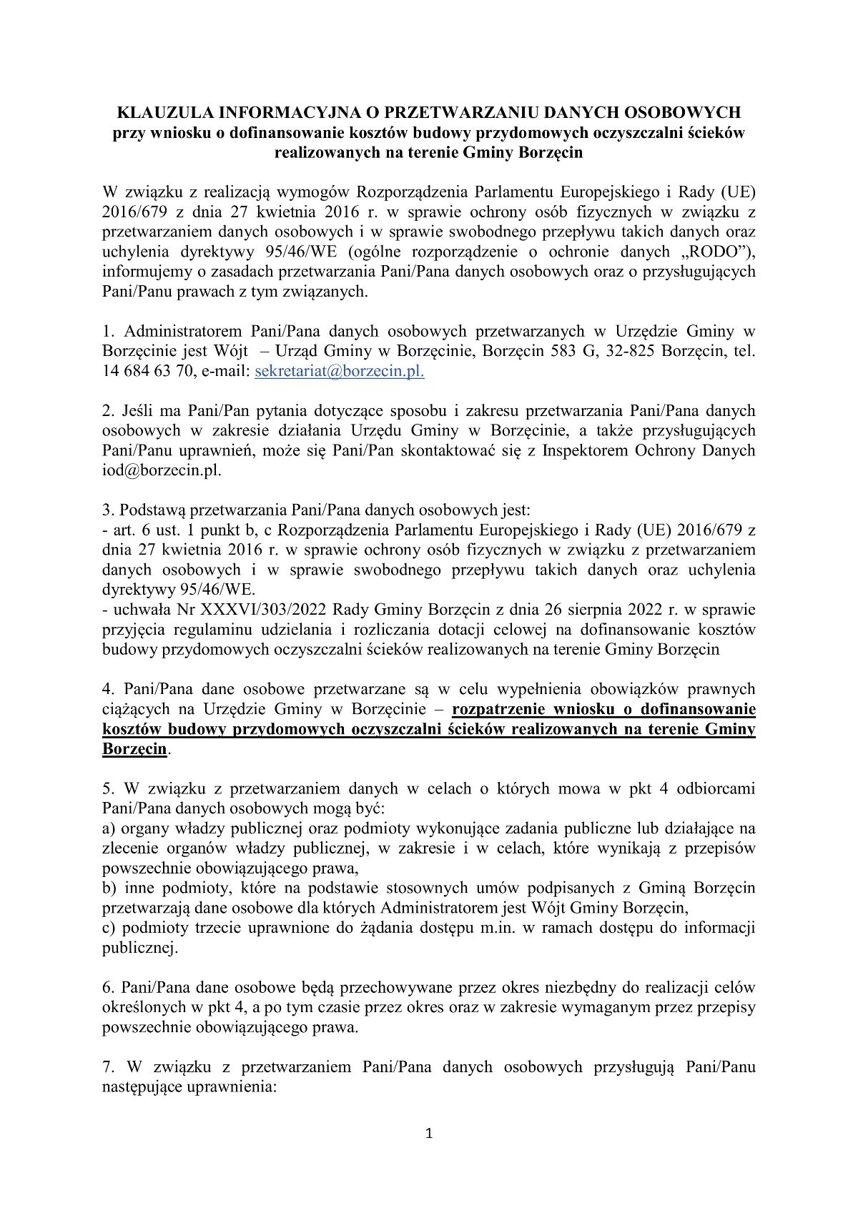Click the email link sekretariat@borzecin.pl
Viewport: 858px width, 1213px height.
coord(339,371)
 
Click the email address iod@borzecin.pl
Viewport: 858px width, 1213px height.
coord(162,470)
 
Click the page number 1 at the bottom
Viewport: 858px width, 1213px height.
coord(429,1133)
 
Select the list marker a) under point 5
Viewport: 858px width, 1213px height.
coord(109,829)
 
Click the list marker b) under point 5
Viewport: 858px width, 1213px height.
coord(110,888)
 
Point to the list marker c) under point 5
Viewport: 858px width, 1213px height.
coord(109,929)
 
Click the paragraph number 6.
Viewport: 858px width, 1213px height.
coord(108,988)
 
